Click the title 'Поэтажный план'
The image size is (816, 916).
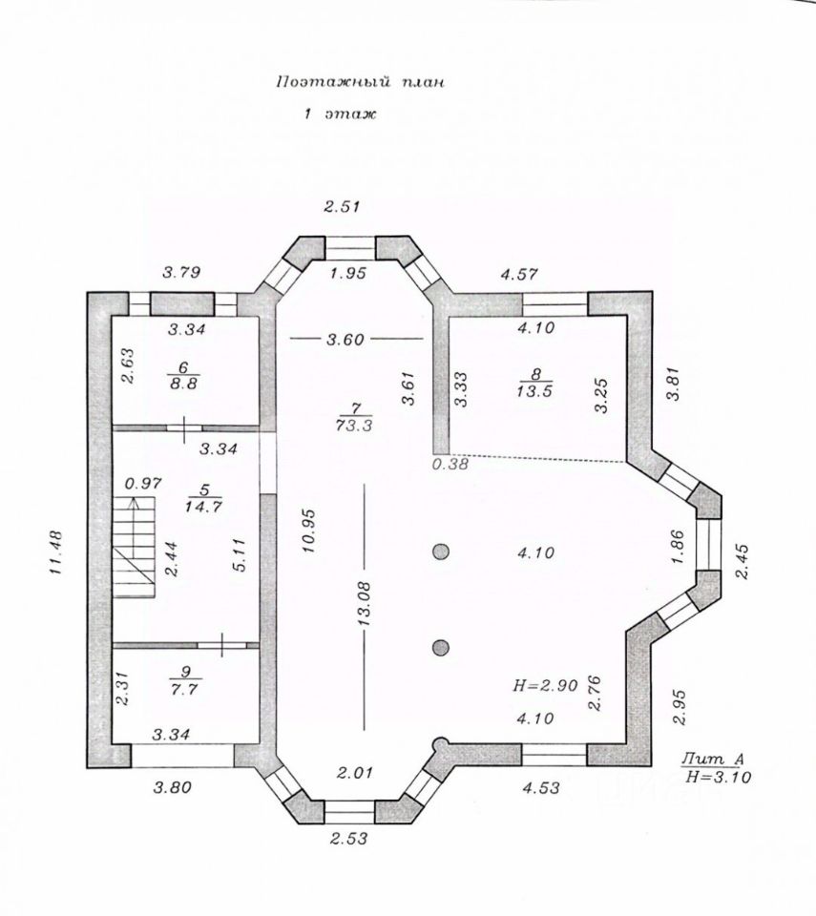(360, 83)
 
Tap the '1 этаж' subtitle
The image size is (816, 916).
(340, 114)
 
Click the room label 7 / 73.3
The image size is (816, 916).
(353, 417)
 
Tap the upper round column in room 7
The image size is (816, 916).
(440, 552)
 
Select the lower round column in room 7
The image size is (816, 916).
(440, 649)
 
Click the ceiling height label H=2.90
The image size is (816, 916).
(545, 684)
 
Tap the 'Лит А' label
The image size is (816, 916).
(712, 760)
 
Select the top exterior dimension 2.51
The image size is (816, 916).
(343, 205)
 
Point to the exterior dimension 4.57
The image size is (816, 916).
(521, 274)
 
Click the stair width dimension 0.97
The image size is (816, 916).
(143, 483)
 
